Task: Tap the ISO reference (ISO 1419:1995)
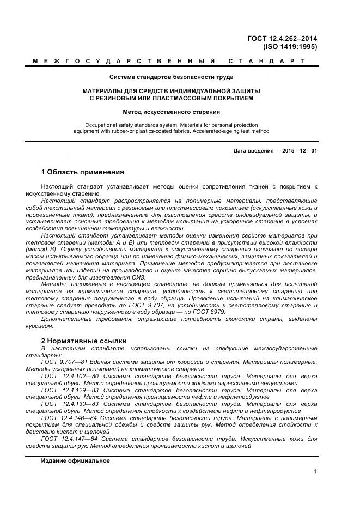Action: tap(290, 47)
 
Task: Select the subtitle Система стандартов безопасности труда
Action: tap(171, 77)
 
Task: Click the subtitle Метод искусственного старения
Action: tap(171, 112)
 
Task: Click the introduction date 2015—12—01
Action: tap(300, 150)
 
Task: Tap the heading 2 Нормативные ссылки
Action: tap(84, 341)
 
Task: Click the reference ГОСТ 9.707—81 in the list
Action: tap(60, 362)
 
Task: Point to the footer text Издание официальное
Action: tap(75, 460)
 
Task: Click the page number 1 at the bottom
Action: tap(315, 472)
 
